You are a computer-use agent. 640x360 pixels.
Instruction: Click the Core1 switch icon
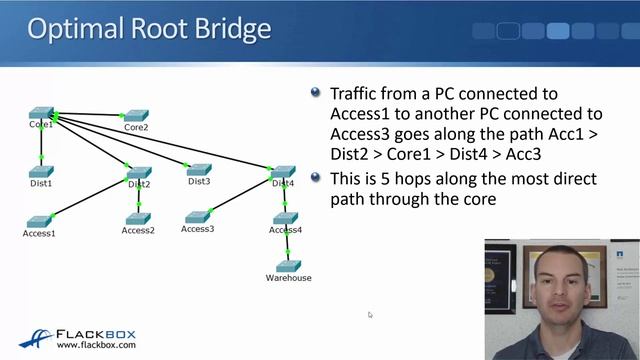coord(41,113)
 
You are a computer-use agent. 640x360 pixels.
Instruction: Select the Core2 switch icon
coord(136,116)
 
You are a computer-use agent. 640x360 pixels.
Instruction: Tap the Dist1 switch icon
coord(41,171)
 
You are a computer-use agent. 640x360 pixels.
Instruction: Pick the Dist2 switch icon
coord(139,172)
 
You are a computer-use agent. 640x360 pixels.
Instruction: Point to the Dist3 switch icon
coord(198,170)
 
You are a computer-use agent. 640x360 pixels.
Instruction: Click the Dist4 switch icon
coord(283,172)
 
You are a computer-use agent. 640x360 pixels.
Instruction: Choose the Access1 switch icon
coord(39,221)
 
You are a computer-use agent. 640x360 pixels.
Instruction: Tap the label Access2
coord(138,230)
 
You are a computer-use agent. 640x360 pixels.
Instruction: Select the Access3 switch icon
coord(197,216)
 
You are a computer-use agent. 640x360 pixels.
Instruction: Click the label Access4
coord(285,230)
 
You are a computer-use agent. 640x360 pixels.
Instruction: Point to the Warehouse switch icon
coord(288,266)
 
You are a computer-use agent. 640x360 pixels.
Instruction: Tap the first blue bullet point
coord(316,93)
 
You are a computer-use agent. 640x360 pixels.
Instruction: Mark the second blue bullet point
coord(316,178)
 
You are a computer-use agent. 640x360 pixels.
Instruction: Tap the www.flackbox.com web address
coord(96,346)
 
